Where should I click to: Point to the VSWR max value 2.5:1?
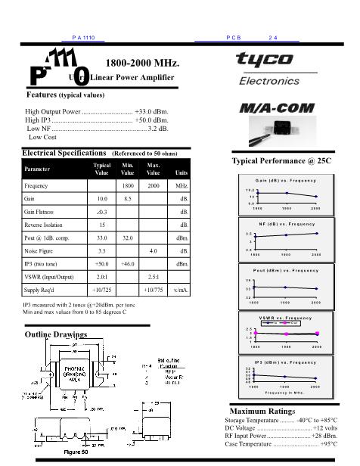[x=154, y=276]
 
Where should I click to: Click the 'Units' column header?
[x=181, y=173]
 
